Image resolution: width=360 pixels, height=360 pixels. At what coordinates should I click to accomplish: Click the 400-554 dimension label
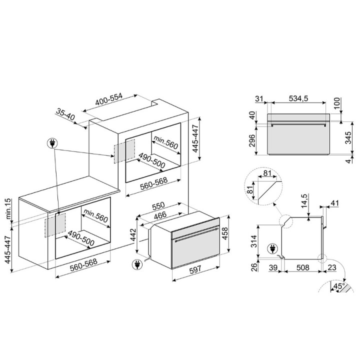coord(109,99)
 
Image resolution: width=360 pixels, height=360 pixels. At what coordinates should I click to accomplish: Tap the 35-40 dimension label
coord(65,114)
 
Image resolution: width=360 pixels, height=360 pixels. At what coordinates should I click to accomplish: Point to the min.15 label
coord(8,208)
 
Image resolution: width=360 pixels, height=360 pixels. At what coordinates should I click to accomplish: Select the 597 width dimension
coord(195,268)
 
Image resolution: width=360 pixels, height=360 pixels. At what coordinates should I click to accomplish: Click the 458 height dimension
coord(225,233)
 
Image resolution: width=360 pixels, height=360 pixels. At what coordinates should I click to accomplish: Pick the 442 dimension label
coord(133,235)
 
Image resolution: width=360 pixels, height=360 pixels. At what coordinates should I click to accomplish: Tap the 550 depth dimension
coord(158,206)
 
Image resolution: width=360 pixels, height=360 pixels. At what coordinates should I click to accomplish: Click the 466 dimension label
coord(160,215)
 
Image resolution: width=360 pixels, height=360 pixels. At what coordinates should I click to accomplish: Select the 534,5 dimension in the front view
coord(298,98)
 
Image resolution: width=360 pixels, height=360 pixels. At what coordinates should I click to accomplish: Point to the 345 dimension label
coord(348,137)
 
